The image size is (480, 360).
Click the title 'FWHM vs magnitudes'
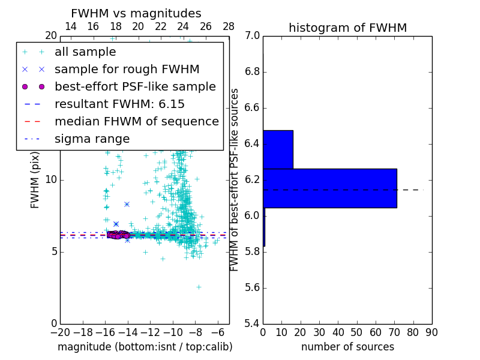tap(136, 13)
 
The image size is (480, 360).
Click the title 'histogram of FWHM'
tap(347, 28)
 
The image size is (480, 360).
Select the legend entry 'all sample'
tap(85, 52)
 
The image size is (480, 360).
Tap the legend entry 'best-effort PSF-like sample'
tap(135, 86)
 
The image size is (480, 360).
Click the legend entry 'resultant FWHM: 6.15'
tap(119, 104)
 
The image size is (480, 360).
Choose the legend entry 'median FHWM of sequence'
tap(136, 121)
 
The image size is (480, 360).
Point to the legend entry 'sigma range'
tap(92, 139)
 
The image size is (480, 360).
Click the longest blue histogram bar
tap(330, 188)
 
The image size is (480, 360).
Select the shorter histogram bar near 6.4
tap(278, 149)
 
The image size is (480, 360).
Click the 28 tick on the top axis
tap(229, 26)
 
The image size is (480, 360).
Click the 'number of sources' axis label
tap(347, 347)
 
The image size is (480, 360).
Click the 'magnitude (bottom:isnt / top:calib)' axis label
tap(145, 347)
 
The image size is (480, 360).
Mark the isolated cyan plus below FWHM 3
tap(199, 287)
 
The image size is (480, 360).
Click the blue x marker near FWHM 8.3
tap(127, 204)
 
